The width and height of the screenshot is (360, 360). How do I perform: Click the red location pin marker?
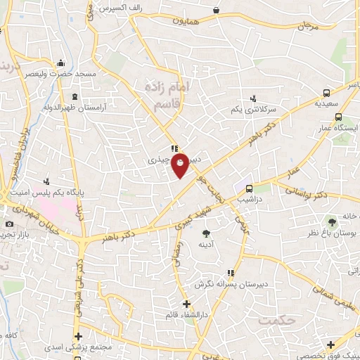click(181, 165)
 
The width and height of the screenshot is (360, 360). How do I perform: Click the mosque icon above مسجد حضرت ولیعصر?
click(61, 63)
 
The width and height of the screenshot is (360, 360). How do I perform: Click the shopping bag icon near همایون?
click(214, 11)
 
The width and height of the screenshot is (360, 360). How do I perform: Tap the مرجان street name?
click(304, 26)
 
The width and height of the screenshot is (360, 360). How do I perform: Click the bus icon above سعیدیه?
click(326, 92)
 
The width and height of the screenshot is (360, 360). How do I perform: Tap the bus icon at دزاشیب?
click(249, 188)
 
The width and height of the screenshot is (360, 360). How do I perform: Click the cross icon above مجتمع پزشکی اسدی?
click(79, 336)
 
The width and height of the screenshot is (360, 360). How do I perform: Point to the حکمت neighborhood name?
click(275, 321)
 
